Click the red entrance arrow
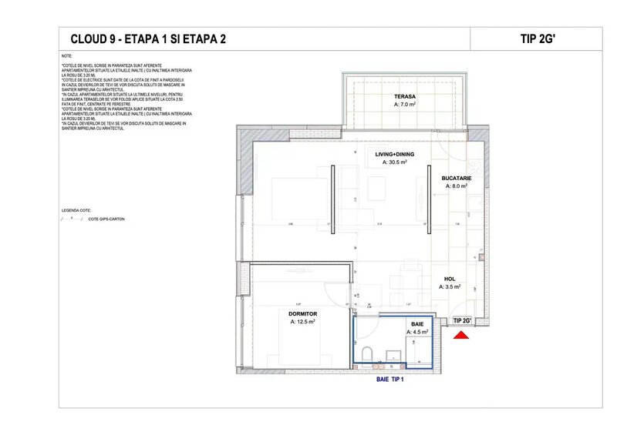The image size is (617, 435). click(461, 335)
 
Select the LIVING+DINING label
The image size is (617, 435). click(394, 154)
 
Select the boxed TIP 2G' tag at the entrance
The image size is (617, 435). click(462, 320)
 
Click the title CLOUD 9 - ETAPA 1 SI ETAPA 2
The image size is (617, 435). click(148, 38)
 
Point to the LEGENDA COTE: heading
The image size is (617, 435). click(76, 209)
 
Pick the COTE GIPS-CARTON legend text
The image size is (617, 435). click(106, 219)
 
